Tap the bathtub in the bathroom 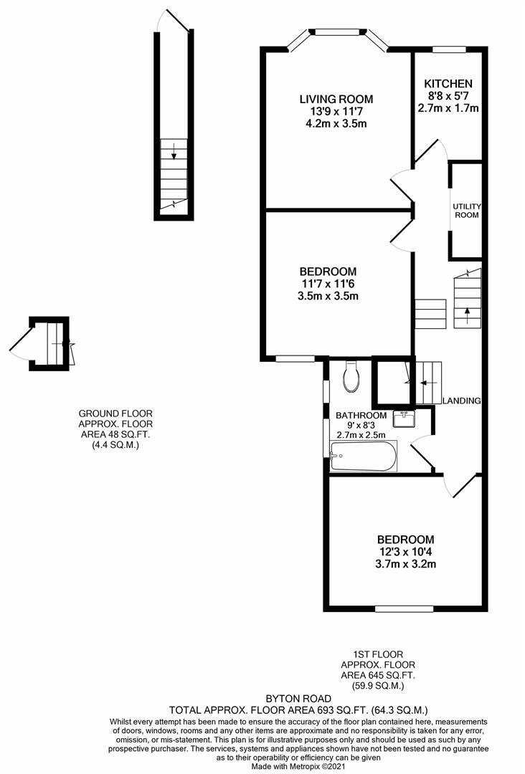pos(363,456)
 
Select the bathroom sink pos(404,419)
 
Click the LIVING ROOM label pos(336,99)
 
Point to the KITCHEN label pos(448,83)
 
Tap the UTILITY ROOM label pos(467,211)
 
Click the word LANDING pos(461,401)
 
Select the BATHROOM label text pos(361,416)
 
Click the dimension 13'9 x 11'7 pos(336,112)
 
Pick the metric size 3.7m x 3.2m pos(405,564)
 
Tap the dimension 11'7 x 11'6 pos(328,284)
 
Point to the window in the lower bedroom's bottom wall pos(404,608)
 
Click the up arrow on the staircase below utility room pos(467,315)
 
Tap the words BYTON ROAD pos(298,699)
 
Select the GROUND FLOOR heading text pos(115,414)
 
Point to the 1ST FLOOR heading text pos(379,654)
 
